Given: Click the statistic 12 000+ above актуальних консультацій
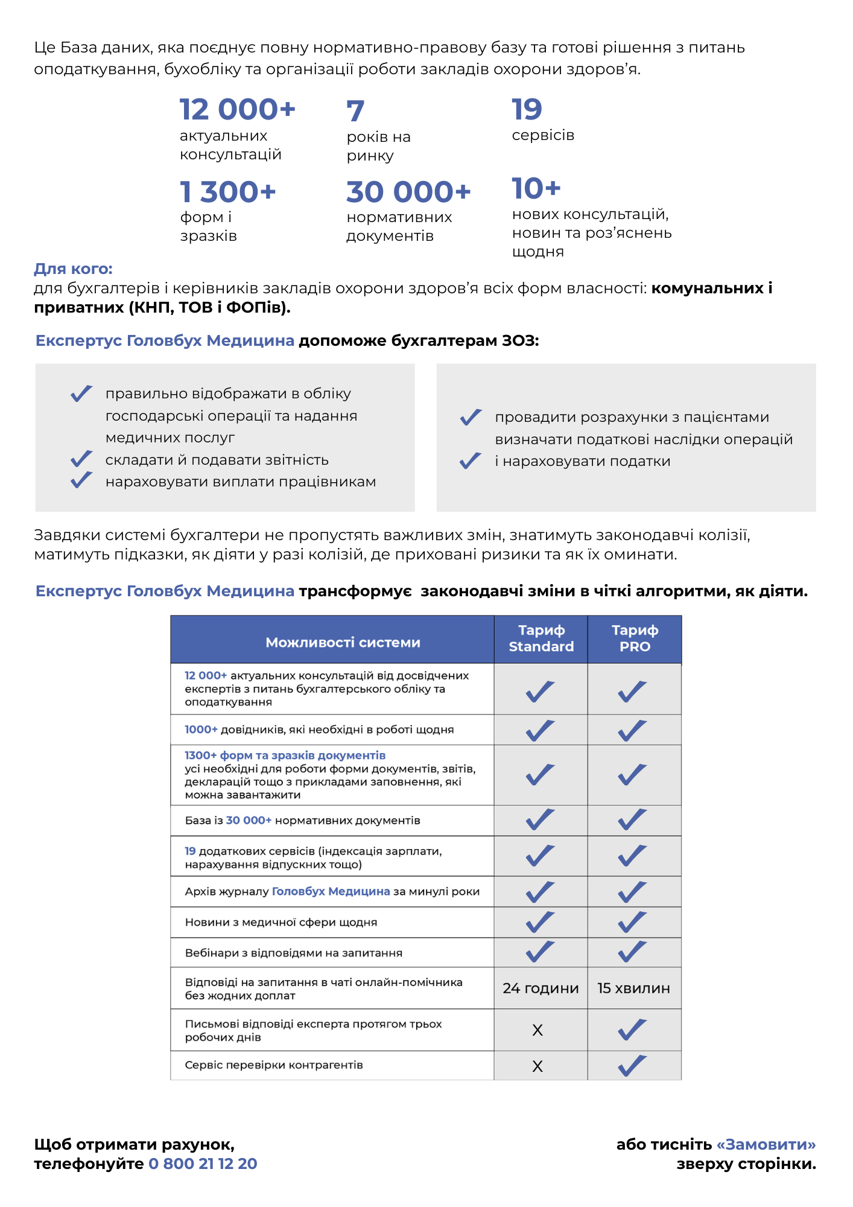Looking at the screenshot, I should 238,110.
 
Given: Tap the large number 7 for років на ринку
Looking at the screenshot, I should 355,111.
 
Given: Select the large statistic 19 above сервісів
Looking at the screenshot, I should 527,110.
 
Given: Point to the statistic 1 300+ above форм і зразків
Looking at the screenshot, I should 228,193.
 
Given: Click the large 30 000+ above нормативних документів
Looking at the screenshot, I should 408,193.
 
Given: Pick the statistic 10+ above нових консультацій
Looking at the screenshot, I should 536,189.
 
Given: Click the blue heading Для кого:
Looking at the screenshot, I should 73,269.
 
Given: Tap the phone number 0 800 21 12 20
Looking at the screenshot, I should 203,1164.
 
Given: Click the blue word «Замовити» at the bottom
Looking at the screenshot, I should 766,1144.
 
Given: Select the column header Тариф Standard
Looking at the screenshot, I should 541,639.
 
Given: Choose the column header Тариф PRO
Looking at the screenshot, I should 635,639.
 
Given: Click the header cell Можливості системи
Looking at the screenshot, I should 343,643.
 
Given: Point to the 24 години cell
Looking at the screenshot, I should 541,988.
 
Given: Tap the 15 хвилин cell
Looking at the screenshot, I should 634,988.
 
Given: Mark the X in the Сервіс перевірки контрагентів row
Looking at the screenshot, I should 537,1066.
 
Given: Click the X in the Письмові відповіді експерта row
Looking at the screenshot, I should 537,1030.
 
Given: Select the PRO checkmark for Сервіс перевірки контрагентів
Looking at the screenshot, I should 632,1066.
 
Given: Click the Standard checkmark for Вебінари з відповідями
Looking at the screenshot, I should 540,952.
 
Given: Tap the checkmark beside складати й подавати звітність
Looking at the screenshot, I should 81,459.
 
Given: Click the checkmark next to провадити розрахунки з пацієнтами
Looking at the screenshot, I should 471,417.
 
